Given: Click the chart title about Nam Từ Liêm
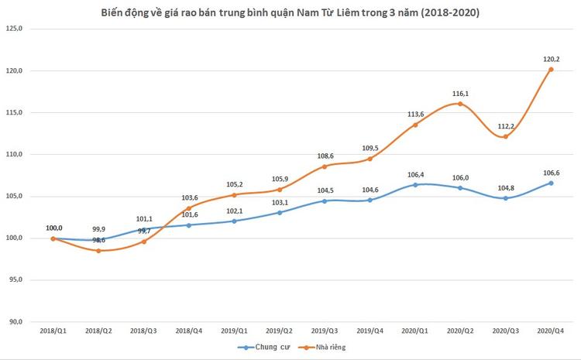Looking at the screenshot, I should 290,13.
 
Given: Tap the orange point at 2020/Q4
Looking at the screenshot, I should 551,69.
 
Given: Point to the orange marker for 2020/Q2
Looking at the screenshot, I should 460,104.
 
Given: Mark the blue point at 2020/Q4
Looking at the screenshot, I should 551,183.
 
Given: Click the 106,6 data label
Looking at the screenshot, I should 551,171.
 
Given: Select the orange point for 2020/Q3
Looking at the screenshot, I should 506,136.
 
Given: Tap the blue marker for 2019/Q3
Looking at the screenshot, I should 325,201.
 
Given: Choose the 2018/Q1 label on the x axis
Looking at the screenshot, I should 53,331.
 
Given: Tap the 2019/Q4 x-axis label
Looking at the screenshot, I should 370,331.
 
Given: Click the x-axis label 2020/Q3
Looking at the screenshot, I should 506,331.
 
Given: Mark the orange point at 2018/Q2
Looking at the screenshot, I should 98,251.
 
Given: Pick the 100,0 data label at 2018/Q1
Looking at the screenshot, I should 53,228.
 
